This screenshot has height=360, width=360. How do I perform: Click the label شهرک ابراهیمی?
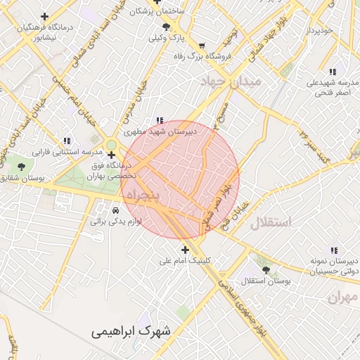(136, 330)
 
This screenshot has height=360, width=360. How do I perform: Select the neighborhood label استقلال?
(271, 223)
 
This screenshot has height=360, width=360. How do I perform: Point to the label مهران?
(342, 297)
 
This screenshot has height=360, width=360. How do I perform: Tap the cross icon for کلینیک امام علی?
(185, 250)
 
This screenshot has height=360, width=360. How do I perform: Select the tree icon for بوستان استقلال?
(265, 269)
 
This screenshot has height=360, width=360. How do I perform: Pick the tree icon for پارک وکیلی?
(166, 27)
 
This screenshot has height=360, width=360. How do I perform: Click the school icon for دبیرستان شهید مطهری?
(160, 120)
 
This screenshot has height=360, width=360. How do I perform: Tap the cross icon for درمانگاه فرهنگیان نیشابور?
(45, 16)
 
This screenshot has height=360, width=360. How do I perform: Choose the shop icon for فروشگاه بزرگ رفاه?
(203, 46)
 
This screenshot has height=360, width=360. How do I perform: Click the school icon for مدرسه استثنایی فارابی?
(67, 141)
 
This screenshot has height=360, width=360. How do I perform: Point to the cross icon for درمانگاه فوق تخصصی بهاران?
(111, 155)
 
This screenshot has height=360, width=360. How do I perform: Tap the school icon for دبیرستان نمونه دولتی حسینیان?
(333, 250)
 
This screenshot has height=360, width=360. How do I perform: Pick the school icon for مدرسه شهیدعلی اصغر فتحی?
(334, 71)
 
